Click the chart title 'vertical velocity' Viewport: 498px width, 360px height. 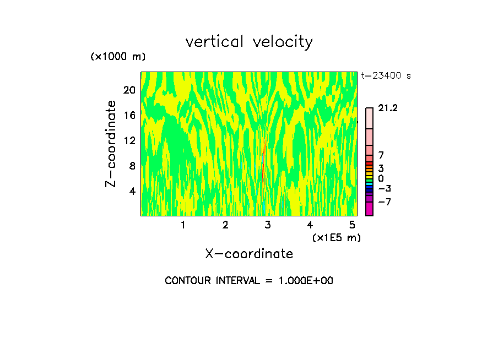[x=249, y=42]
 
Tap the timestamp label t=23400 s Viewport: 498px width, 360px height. [x=386, y=76]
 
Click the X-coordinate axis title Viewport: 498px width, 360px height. [x=249, y=254]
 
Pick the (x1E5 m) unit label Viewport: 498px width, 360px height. [x=336, y=238]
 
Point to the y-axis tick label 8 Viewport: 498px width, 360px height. [x=132, y=165]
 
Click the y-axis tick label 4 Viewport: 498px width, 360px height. [x=132, y=191]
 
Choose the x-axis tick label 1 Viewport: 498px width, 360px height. [x=183, y=225]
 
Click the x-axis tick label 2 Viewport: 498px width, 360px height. [x=225, y=225]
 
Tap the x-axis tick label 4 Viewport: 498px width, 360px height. [x=310, y=225]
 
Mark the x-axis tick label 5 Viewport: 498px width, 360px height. [x=352, y=225]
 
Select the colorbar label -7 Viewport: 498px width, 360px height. [x=384, y=202]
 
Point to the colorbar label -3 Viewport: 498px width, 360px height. [x=384, y=189]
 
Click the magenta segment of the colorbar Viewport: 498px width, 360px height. [x=369, y=209]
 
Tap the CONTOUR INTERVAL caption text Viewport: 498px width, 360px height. [x=249, y=281]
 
